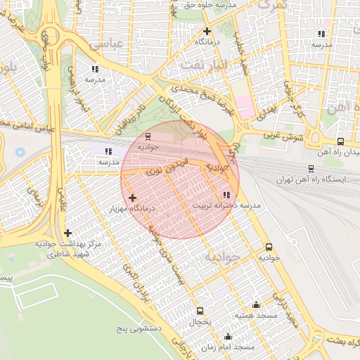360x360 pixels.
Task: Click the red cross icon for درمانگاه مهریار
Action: [x=132, y=198]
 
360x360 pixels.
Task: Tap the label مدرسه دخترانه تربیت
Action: [x=226, y=205]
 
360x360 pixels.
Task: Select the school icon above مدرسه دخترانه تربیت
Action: [x=226, y=195]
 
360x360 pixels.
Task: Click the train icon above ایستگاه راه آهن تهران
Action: [x=311, y=169]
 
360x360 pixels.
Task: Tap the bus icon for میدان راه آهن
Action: [x=341, y=141]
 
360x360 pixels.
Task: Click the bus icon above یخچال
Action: [x=200, y=311]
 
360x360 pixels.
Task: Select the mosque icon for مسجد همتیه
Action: [x=256, y=305]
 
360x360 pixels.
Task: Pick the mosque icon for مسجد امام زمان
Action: [x=227, y=337]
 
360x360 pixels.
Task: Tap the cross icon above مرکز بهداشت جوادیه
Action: [x=67, y=233]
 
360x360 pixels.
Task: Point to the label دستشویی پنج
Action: [x=140, y=328]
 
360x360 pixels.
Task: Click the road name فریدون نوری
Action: [x=159, y=170]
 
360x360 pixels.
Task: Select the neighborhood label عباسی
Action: [x=108, y=44]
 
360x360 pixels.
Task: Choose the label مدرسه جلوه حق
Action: [x=191, y=4]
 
